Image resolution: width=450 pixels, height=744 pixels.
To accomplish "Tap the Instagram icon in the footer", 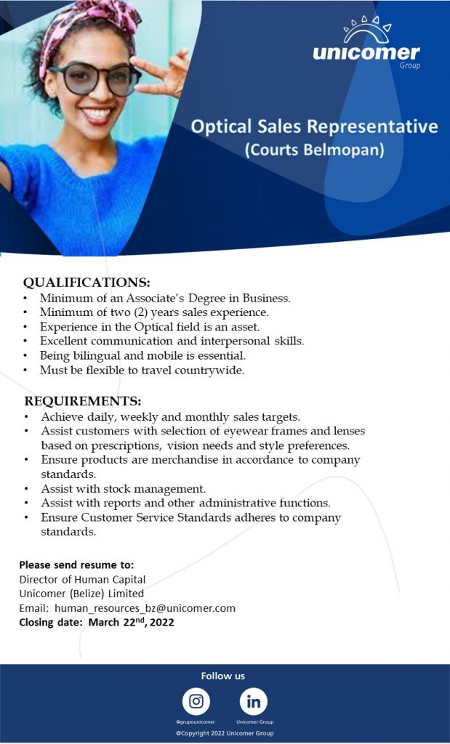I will click(x=196, y=701).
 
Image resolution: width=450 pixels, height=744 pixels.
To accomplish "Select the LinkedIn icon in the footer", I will click(x=254, y=701).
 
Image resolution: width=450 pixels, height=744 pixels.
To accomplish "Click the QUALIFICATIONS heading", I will click(x=87, y=282).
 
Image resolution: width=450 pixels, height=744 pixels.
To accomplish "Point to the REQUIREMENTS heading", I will click(x=83, y=401).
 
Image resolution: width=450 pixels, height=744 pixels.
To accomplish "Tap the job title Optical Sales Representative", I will click(x=314, y=127).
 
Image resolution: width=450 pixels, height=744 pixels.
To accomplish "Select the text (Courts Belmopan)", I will click(x=314, y=151).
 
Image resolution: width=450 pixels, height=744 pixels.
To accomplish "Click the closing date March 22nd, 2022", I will click(x=131, y=622).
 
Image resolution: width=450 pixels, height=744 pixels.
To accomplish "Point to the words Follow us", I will click(x=223, y=676).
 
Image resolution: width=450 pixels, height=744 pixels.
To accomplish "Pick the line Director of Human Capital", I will click(x=82, y=579).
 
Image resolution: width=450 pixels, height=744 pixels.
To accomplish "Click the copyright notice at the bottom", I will click(x=225, y=733).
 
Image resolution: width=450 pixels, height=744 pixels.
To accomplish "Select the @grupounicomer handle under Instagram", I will click(x=196, y=722).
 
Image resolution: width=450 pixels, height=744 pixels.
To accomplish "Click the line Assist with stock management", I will click(x=124, y=488).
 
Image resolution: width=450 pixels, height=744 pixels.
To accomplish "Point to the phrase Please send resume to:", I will click(x=76, y=565).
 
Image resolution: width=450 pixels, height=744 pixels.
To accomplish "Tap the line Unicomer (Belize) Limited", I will click(x=81, y=594).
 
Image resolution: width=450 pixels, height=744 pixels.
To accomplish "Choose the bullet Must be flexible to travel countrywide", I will click(x=142, y=370).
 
